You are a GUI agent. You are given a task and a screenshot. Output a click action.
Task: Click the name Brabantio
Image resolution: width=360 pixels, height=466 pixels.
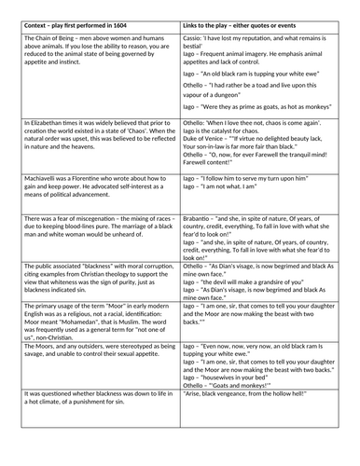tap(202, 216)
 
